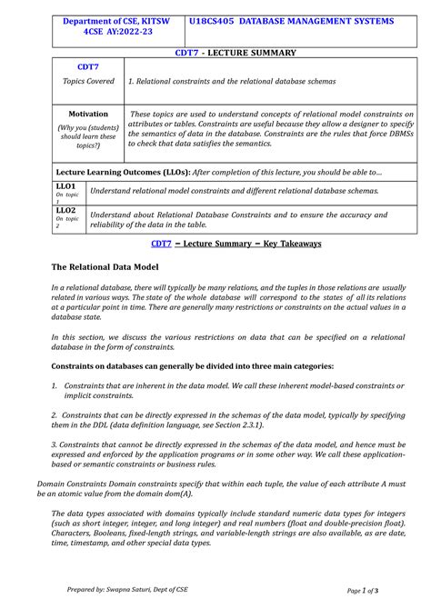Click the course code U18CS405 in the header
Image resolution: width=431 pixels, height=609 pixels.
(215, 20)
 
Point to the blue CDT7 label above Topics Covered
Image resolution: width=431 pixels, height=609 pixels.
(88, 67)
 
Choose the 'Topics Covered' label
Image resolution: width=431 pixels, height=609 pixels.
(88, 81)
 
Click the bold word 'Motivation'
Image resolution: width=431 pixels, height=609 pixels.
(88, 115)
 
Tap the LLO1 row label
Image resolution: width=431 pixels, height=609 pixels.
(65, 185)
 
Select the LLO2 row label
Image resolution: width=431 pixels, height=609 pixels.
(65, 210)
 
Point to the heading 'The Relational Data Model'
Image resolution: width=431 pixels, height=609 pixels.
(105, 267)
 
